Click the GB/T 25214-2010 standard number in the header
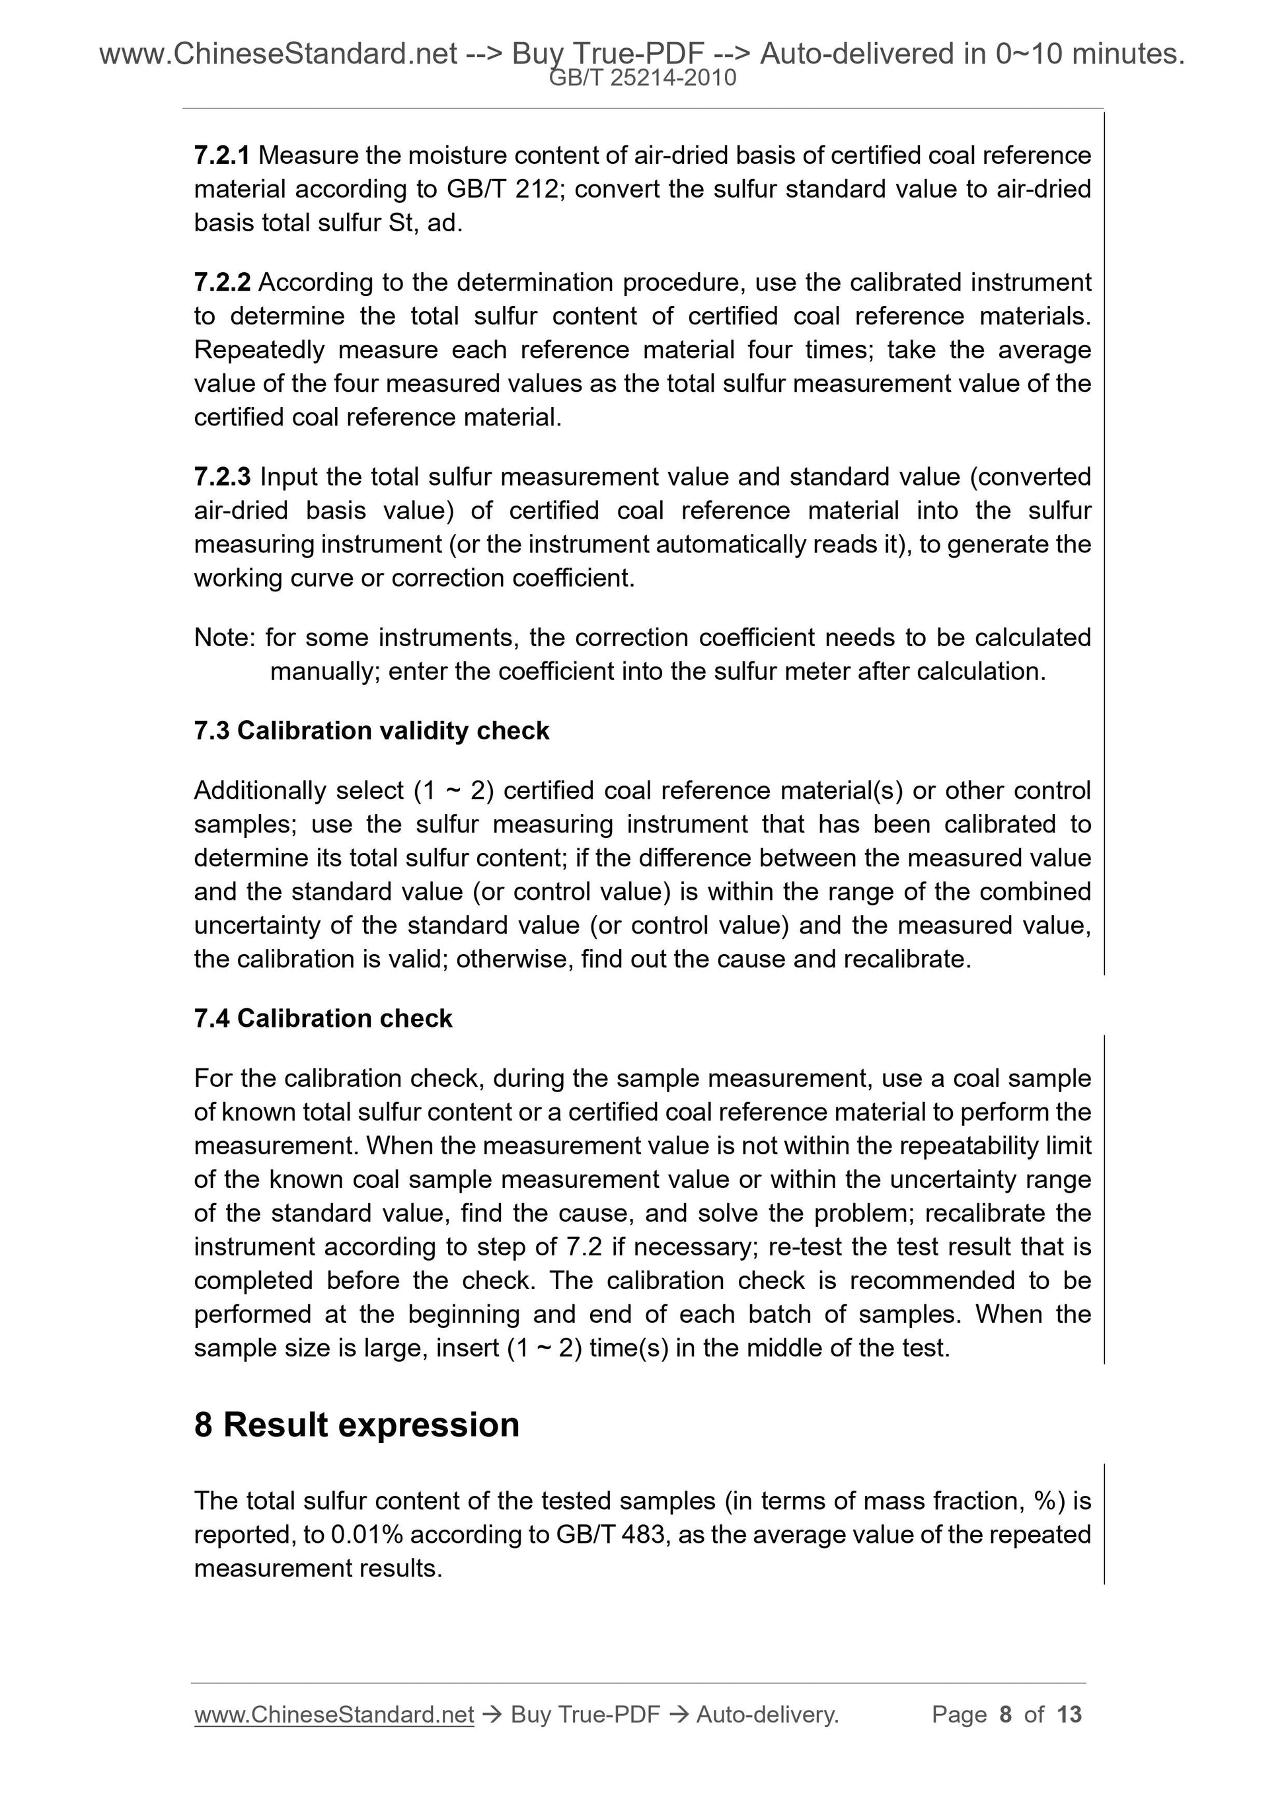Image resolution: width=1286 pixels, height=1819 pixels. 642,78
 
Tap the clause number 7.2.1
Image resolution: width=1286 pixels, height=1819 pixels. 222,155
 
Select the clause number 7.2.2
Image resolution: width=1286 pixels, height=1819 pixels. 222,283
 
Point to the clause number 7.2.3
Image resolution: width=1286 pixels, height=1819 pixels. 222,477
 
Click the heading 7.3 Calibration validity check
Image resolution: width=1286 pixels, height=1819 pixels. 371,731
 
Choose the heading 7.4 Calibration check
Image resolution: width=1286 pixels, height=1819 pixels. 322,1018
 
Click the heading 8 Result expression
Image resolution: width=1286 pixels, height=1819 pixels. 357,1425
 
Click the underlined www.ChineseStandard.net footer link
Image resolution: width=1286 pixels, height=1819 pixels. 334,1715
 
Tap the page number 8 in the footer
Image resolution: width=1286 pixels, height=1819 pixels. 1006,1715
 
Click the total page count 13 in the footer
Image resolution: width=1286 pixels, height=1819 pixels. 1069,1715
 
